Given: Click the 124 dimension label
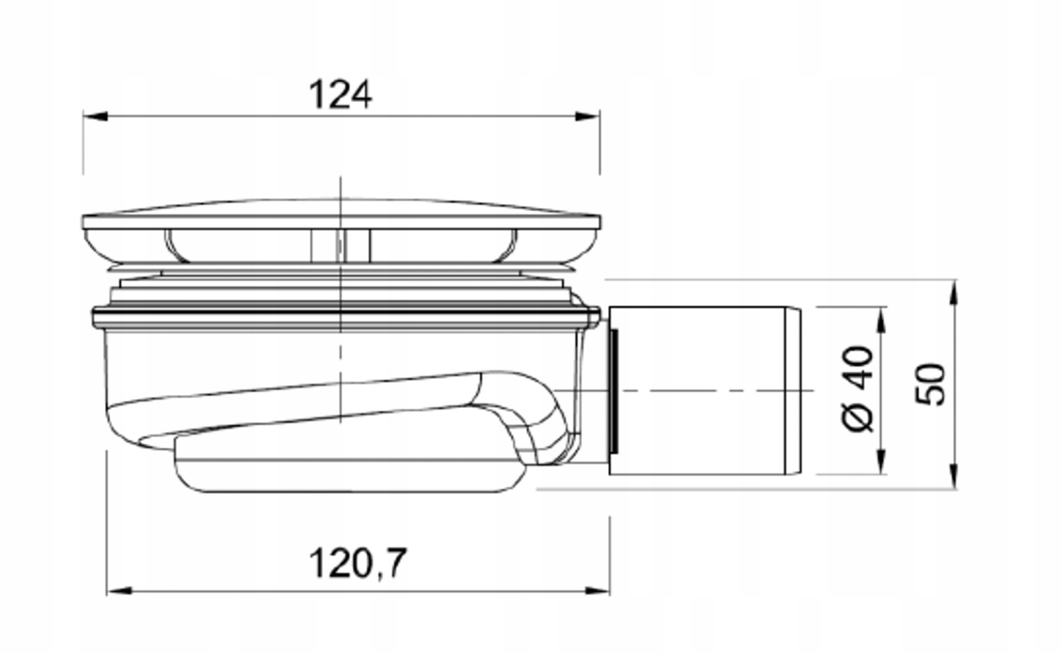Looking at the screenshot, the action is (x=340, y=94).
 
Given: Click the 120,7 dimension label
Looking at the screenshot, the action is (x=358, y=563).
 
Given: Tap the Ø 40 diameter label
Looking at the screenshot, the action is (x=858, y=389).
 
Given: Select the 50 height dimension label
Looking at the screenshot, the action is (x=930, y=385).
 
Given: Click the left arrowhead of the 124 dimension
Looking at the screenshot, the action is (x=95, y=116).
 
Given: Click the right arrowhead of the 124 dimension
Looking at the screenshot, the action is (x=588, y=116).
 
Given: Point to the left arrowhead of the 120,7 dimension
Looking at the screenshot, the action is (x=119, y=591).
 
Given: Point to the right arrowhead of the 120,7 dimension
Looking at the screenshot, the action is (x=598, y=591).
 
